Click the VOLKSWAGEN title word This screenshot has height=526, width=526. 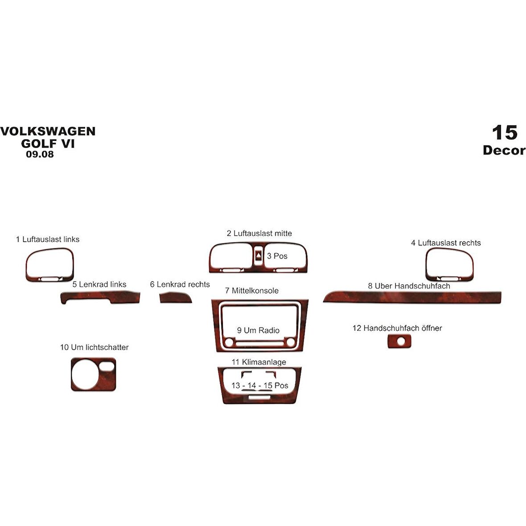pos(48,131)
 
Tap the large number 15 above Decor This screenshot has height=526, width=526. pos(505,132)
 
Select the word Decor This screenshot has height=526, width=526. pos(504,150)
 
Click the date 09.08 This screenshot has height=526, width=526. pos(40,154)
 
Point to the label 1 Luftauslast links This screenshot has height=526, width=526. pos(48,239)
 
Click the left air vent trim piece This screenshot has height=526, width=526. pos(28,265)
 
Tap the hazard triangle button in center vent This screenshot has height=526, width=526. pos(258,256)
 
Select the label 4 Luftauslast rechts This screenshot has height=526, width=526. pos(446,243)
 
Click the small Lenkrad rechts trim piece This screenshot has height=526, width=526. pos(175,298)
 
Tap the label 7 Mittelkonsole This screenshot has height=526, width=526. pos(251,291)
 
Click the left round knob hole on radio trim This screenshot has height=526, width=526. pos(229,342)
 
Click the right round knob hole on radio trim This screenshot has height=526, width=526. pos(291,342)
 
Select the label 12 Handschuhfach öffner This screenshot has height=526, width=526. pos(397,328)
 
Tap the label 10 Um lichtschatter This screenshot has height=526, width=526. pos(94,347)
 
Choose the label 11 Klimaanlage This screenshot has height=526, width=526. pos(259,362)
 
